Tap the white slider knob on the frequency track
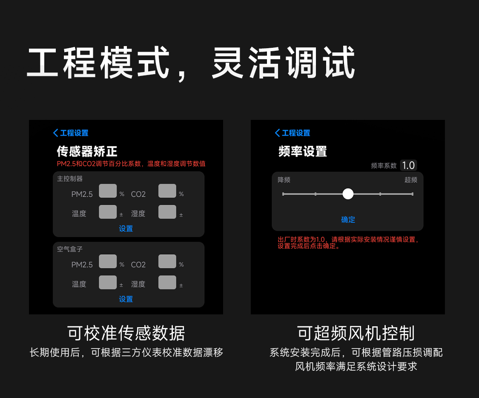(x=348, y=194)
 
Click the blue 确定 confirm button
(x=348, y=220)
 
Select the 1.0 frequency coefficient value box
(x=408, y=166)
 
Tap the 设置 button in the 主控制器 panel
(x=126, y=229)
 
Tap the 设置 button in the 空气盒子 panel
(x=126, y=299)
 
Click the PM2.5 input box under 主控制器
(x=108, y=191)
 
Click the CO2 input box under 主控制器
(x=167, y=191)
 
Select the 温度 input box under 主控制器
(x=108, y=212)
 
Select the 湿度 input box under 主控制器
(x=167, y=212)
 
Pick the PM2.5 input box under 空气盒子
(x=108, y=261)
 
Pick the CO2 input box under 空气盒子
(x=167, y=261)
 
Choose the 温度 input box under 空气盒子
(x=108, y=282)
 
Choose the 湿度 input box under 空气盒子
(x=167, y=282)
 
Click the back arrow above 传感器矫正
(x=55, y=133)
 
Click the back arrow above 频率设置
(x=277, y=133)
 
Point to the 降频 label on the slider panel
(x=284, y=180)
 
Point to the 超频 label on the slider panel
(x=411, y=180)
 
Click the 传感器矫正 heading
(x=87, y=151)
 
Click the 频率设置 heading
(x=303, y=151)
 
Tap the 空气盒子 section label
(x=70, y=249)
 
